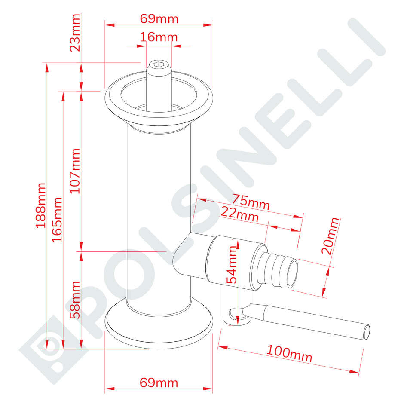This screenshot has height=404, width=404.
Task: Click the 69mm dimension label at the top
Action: point(159,19)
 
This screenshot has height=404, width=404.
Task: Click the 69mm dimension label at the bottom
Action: point(159,382)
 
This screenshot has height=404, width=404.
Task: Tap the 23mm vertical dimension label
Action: point(76,32)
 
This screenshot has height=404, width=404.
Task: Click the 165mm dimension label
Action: point(57,219)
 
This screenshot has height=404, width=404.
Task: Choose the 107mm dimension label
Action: point(76,171)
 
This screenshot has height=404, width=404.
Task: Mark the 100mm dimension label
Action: point(289,353)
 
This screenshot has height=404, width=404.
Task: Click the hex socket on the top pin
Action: point(158,65)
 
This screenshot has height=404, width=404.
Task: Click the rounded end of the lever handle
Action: point(367,332)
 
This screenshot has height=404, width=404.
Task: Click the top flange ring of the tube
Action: point(159,98)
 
